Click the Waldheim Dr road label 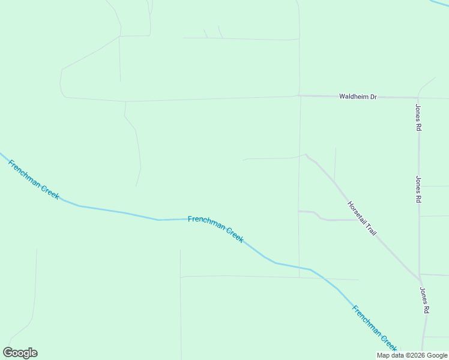coord(358,96)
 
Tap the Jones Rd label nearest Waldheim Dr coord(418,118)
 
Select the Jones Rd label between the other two coord(418,189)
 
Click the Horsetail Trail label coord(361,218)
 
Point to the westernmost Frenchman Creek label coord(34,179)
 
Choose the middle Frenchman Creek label coord(215,229)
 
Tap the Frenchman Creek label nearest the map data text coord(375,329)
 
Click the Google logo coord(20,352)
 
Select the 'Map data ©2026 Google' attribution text coord(412,355)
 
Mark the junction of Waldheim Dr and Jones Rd coord(418,97)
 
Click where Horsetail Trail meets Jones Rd coord(419,279)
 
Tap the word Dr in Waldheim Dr coord(372,96)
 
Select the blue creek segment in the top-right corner coord(441,4)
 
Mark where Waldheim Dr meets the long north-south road coord(300,95)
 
